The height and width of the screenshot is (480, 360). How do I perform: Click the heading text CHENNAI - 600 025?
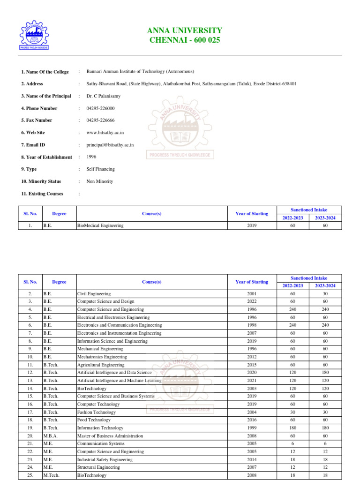(185, 40)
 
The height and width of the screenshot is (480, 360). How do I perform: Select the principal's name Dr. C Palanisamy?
(104, 96)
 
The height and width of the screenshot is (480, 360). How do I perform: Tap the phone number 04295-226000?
(100, 108)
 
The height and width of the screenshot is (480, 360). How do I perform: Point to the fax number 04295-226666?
(100, 120)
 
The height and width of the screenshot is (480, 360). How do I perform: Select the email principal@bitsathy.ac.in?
(110, 145)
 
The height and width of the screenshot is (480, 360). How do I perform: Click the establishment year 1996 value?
(91, 157)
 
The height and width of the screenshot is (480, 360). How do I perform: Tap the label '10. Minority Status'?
(44, 181)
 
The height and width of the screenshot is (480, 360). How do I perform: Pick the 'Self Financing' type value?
(100, 169)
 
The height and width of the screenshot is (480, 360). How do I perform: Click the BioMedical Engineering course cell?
(100, 225)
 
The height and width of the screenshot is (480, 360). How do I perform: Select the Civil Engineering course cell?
(94, 294)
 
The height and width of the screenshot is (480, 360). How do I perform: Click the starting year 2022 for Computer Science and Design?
(252, 301)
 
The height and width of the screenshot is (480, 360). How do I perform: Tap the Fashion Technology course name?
(97, 412)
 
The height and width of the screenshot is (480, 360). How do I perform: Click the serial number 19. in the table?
(30, 428)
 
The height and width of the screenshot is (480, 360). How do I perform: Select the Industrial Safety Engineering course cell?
(105, 460)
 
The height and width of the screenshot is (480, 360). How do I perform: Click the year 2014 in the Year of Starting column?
(252, 460)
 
